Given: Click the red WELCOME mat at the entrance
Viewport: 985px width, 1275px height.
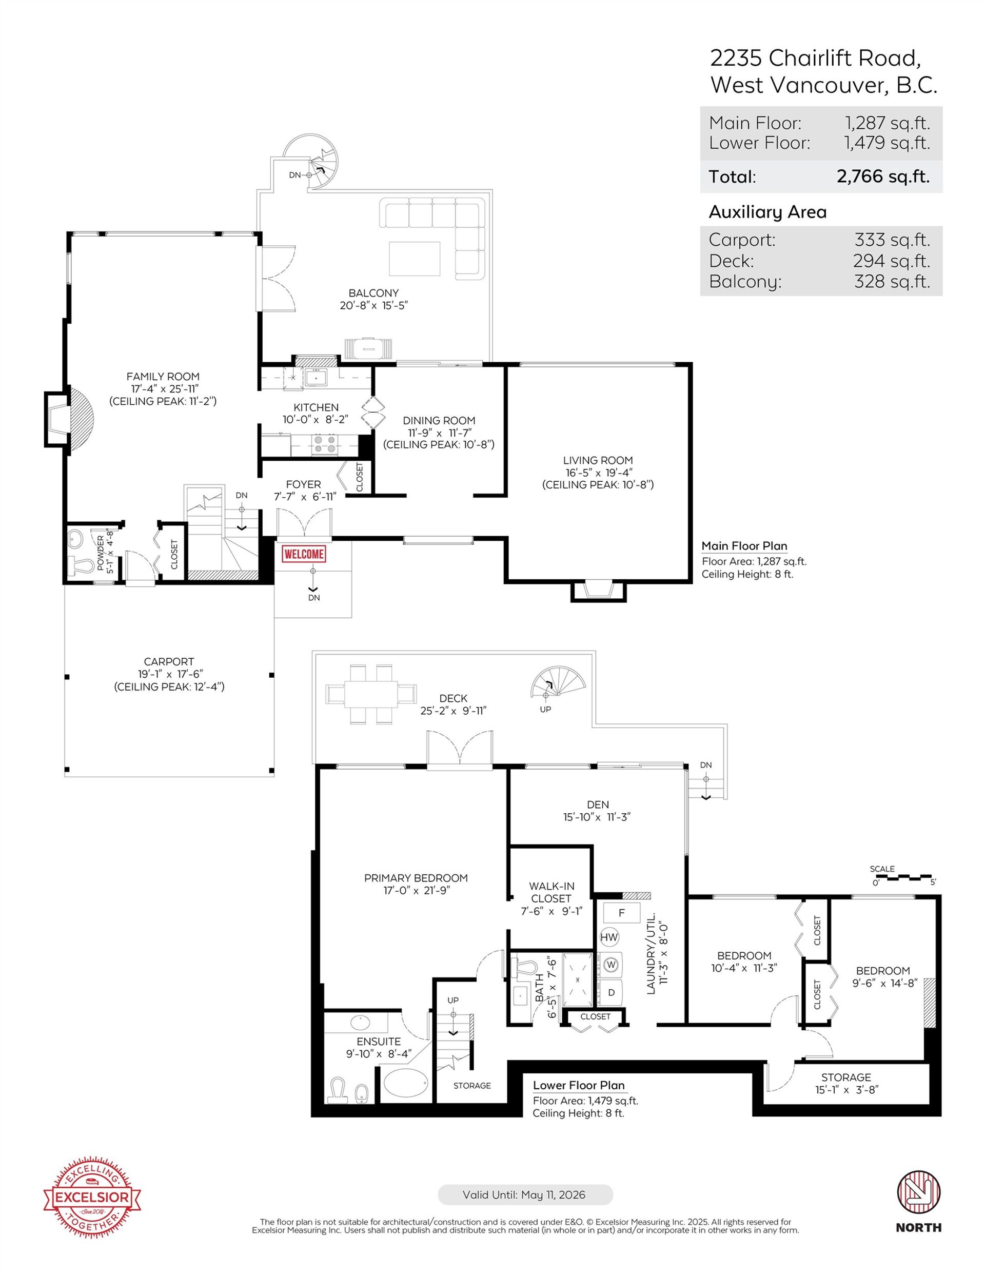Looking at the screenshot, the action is coord(304,554).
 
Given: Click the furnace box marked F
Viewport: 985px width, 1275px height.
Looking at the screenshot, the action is coord(621,912).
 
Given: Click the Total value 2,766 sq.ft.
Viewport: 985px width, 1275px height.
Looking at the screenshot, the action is coord(882,176).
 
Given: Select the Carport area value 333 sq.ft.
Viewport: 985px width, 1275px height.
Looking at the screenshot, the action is coord(892,240).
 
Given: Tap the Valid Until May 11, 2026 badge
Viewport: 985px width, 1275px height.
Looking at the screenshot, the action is coord(525,1195).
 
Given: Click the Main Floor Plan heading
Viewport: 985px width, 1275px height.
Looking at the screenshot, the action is coord(744,546).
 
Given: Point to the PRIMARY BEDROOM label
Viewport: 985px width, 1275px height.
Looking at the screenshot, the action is coord(416,878).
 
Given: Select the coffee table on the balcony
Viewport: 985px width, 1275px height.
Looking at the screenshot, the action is coord(415,259).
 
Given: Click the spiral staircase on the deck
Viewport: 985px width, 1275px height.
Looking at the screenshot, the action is coord(557,682).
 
